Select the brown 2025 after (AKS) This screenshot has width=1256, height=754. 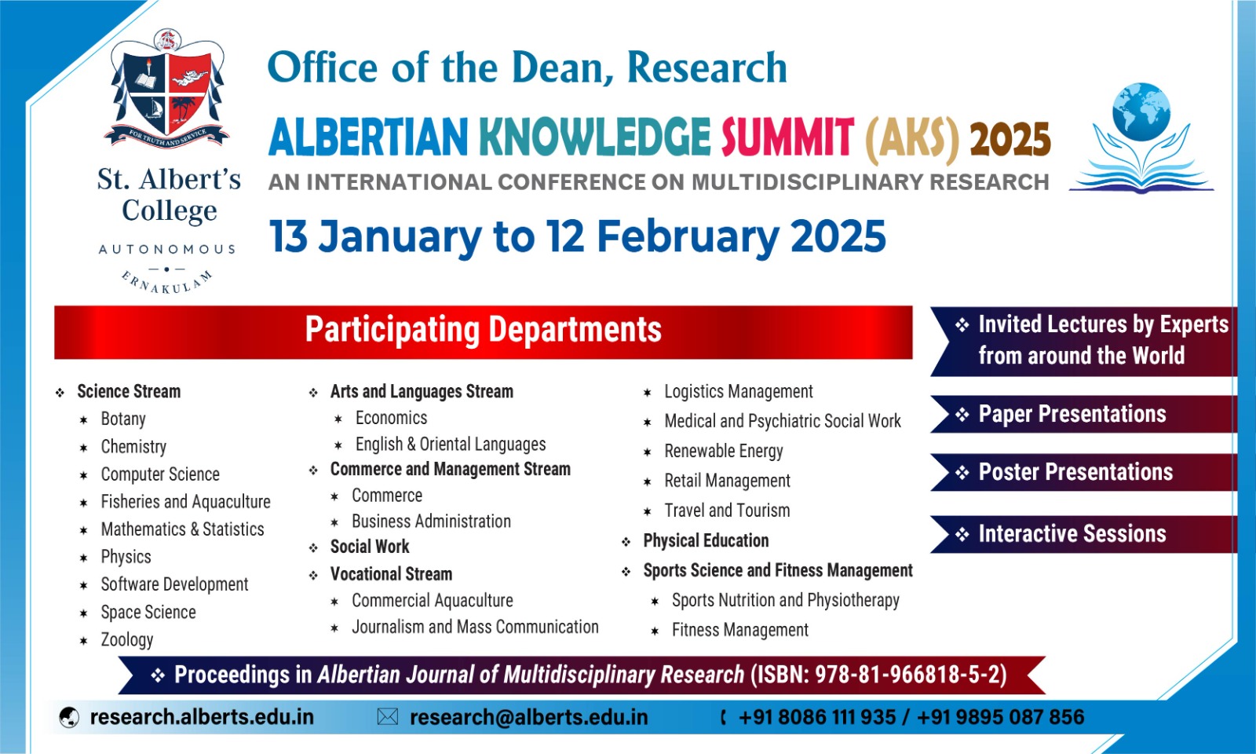1010,138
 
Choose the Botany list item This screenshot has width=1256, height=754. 123,419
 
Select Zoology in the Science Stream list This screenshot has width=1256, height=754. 126,639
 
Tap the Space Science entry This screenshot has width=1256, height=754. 148,612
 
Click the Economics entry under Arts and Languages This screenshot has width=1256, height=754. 392,418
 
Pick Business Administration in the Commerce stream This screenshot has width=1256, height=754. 431,522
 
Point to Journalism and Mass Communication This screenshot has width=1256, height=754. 475,627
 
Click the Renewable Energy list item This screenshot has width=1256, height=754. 723,451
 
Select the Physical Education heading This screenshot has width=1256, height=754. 706,540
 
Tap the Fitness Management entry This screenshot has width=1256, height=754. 740,630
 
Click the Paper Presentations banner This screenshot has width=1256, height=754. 1083,414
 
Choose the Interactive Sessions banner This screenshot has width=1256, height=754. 1083,533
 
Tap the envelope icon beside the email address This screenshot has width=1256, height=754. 388,717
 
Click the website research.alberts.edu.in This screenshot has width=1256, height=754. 202,717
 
